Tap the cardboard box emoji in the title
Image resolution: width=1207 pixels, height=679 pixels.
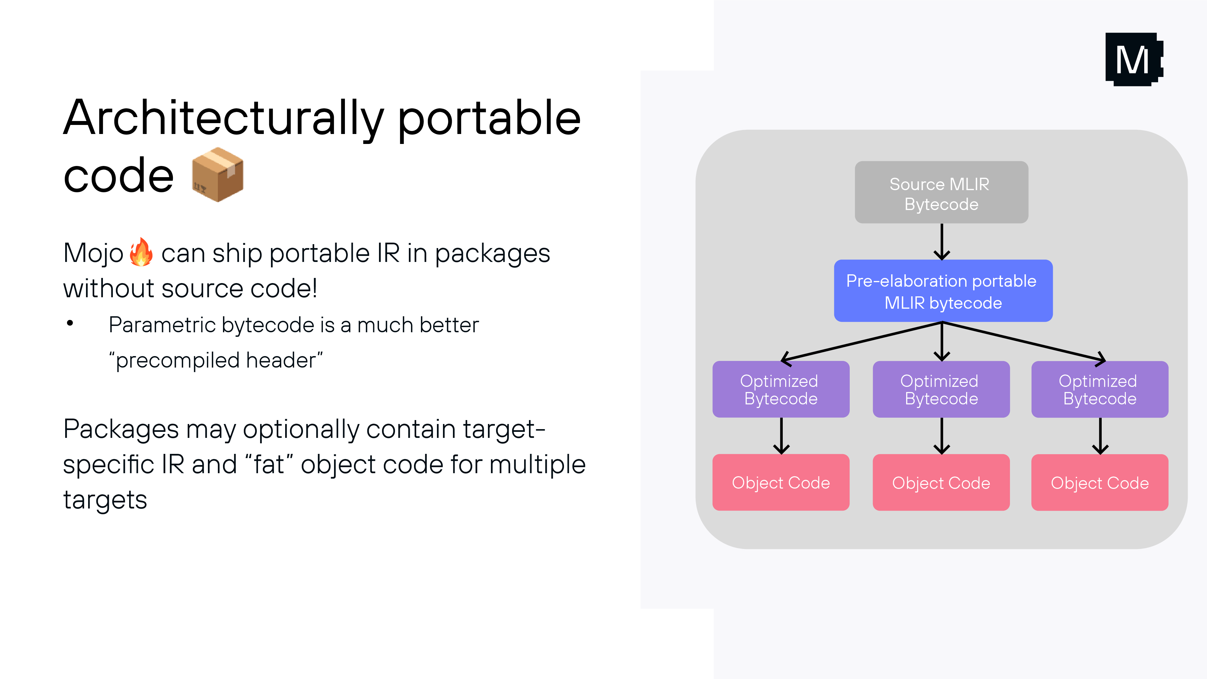click(x=218, y=175)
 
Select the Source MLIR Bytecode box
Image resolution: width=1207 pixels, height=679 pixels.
click(x=941, y=193)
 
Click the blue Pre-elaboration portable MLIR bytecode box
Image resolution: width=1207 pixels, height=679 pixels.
click(x=943, y=291)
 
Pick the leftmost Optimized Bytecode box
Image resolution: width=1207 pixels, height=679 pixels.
click(x=781, y=389)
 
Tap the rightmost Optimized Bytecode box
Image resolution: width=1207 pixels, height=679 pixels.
click(x=1099, y=389)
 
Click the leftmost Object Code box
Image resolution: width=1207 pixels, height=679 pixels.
click(x=781, y=483)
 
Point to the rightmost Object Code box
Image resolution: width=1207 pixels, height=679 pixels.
click(x=1099, y=483)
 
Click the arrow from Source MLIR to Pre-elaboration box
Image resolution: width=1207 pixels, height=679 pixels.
click(x=942, y=241)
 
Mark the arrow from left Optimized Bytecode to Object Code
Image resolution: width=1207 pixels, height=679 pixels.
click(x=781, y=436)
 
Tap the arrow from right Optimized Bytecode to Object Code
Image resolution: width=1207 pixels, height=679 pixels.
click(x=1100, y=436)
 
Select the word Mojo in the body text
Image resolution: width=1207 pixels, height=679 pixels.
click(x=93, y=253)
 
